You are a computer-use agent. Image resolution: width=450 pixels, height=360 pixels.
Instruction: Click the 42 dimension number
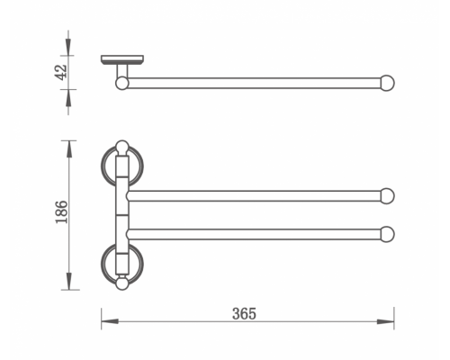[61, 72]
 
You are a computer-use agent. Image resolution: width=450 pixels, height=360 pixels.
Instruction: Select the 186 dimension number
[62, 211]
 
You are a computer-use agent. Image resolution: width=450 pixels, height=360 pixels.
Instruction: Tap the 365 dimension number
[244, 314]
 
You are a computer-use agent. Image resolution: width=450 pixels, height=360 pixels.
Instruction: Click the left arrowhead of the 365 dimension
[110, 321]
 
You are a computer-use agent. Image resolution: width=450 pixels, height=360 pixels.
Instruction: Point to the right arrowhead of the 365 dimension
[385, 321]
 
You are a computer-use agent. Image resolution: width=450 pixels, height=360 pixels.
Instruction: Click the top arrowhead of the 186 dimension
[69, 149]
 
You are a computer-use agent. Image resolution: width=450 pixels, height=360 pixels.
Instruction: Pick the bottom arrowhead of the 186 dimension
[69, 281]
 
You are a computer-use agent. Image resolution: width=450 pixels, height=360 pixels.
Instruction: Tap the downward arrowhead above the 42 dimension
[68, 47]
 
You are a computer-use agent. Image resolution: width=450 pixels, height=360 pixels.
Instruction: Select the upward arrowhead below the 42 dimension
[68, 98]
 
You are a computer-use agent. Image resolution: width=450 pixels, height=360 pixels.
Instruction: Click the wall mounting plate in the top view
[122, 59]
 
